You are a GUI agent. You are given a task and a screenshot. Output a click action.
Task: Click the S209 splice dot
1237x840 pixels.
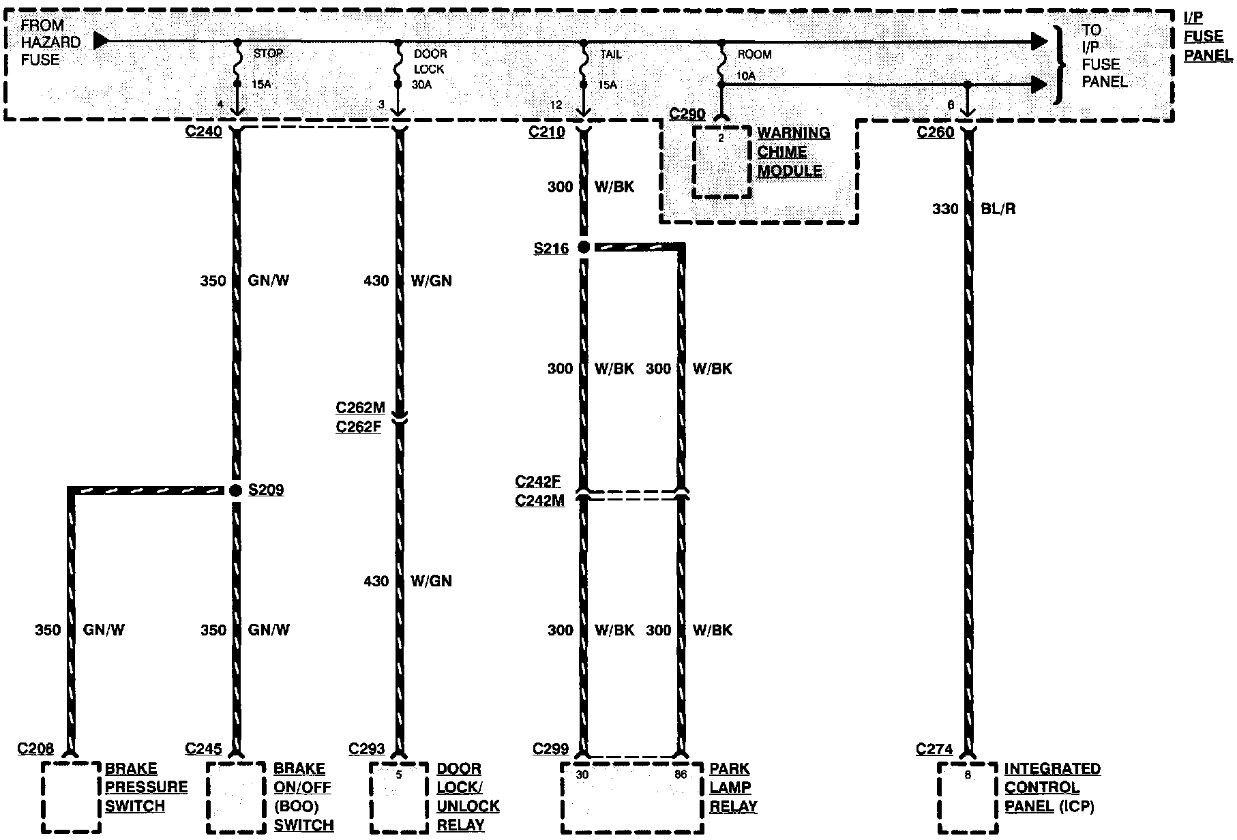[236, 490]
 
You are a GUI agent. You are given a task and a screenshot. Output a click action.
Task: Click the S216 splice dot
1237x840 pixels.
[584, 247]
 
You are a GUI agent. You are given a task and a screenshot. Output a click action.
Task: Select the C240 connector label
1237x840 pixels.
[204, 132]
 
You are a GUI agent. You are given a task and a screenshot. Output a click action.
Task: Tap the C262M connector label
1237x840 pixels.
[360, 408]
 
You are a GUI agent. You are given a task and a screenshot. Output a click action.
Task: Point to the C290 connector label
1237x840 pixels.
[687, 114]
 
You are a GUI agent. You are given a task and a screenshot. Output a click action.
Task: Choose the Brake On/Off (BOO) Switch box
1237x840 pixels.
[236, 797]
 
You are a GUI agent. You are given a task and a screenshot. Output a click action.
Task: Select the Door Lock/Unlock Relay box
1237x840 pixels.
[399, 797]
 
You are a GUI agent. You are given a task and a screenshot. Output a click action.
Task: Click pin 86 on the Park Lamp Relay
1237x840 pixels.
[681, 774]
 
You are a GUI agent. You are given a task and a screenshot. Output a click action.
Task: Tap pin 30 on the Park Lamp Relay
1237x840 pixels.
[582, 774]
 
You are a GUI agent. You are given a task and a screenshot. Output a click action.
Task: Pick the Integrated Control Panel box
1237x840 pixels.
[967, 797]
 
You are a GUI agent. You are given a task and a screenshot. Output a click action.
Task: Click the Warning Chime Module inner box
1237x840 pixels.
[722, 162]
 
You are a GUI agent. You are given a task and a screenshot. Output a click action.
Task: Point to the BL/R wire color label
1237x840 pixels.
[998, 209]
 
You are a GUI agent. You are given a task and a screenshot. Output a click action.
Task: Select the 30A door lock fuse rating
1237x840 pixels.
[421, 85]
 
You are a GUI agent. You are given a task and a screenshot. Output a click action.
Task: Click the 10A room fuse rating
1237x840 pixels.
[747, 76]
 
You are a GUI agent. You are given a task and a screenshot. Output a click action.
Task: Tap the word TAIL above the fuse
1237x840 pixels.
[610, 54]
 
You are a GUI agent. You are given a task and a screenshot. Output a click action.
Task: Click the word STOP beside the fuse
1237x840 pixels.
[268, 53]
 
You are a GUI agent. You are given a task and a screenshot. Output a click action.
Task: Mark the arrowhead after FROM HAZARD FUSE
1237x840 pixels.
[101, 41]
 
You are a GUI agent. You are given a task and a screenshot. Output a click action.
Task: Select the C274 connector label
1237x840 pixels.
[934, 750]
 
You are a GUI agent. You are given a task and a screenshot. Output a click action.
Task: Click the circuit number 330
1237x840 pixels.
[945, 209]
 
